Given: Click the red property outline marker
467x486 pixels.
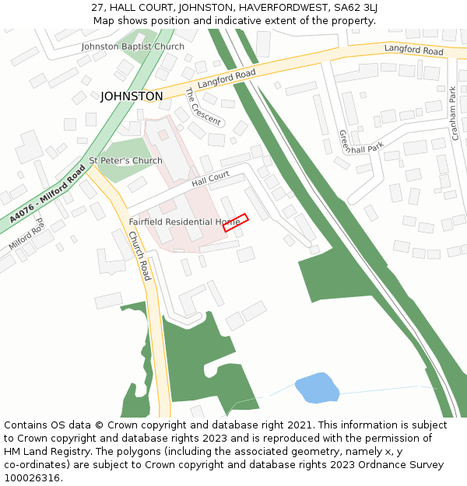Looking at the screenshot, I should (235, 222).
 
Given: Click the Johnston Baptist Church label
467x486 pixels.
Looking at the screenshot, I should (133, 47).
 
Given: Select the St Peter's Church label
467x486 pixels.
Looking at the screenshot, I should (125, 161).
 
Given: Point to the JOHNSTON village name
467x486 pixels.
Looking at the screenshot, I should (132, 96).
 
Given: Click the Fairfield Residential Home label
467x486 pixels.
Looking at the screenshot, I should (184, 222).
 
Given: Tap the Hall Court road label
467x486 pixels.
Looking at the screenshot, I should (210, 179).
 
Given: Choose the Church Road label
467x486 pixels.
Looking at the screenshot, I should (139, 256).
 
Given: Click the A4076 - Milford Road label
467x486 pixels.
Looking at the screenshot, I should (44, 195).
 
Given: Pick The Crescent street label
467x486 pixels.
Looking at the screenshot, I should (202, 107).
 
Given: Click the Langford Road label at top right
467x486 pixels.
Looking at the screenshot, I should (413, 51).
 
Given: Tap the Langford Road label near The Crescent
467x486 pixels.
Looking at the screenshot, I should (226, 78).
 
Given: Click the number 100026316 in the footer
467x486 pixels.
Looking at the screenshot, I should (33, 478).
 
